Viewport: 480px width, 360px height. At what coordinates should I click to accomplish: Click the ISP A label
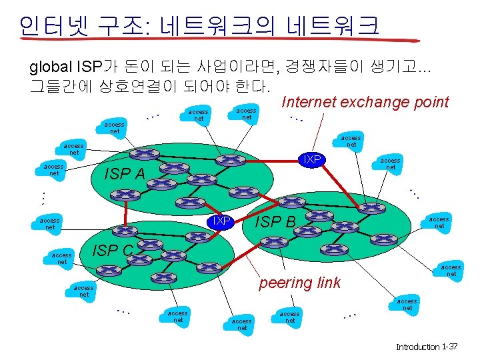tap(125, 175)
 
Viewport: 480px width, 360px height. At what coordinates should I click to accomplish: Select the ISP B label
tap(276, 221)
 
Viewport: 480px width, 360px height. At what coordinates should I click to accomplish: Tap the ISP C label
tap(113, 251)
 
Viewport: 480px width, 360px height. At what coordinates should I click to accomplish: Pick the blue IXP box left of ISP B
tap(221, 221)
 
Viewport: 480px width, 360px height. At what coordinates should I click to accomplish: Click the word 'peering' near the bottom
tap(286, 282)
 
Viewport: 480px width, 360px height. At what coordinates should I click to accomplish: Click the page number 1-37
tap(450, 347)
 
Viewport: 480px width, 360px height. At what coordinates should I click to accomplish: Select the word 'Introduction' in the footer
tap(417, 347)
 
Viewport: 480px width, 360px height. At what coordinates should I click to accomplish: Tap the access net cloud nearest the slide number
tap(407, 305)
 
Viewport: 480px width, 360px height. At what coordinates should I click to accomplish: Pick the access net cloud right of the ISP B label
tap(439, 223)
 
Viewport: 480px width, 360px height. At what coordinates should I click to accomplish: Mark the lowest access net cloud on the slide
tap(241, 324)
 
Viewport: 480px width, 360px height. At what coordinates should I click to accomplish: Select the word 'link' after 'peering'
tap(327, 282)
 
